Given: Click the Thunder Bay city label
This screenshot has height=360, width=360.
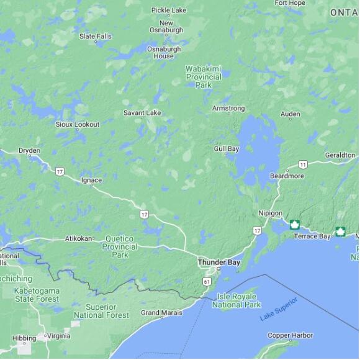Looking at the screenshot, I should pos(218,263).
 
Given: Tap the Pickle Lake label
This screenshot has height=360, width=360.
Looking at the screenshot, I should pos(169,11).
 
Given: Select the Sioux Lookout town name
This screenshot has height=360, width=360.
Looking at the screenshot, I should pos(78,124).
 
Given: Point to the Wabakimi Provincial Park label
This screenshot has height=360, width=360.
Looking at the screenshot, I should pos(204,76).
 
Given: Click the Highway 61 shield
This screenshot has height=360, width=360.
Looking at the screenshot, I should pos(206,281).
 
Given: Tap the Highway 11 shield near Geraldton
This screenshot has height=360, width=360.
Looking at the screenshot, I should pos(303,164).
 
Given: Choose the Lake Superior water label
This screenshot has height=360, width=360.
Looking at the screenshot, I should pos(279,309).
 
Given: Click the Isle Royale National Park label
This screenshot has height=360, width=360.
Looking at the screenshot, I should pos(236,301).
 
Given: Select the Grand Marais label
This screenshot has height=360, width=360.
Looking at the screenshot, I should pos(161,313).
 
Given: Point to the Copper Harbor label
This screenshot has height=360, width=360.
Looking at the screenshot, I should pos(290,336).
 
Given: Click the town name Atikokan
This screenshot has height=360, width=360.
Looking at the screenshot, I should pos(78,238).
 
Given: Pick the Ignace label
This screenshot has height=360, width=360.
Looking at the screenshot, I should pos(91,180).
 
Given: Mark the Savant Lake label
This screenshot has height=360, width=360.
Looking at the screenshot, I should pos(142,113).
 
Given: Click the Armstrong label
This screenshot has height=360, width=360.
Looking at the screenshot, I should pos(228,109).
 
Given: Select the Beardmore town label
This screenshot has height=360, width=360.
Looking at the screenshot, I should pos(287,176).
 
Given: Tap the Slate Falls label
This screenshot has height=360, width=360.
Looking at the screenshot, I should pos(96,36).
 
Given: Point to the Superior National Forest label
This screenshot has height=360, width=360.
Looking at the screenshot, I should pos(101,311).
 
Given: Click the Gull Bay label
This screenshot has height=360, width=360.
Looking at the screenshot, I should pos(227,149).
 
